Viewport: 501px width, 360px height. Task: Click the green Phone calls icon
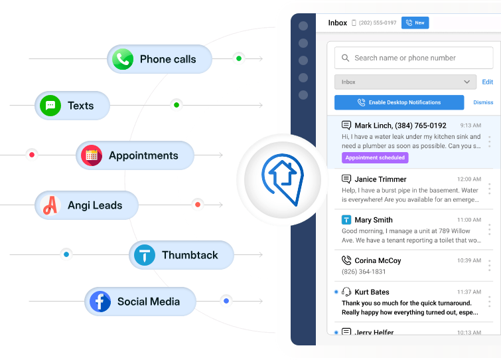click(123, 59)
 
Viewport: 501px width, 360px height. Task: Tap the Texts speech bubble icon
click(50, 106)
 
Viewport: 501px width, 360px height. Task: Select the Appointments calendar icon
click(92, 155)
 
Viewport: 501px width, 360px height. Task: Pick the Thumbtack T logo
click(145, 255)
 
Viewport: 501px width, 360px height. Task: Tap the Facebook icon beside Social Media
click(100, 302)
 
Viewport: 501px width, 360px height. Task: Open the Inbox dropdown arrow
click(466, 82)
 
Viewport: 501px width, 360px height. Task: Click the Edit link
click(488, 82)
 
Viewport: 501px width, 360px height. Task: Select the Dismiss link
click(483, 102)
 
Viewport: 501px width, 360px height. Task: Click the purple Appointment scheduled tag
click(375, 158)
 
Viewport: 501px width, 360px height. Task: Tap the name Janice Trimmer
click(380, 179)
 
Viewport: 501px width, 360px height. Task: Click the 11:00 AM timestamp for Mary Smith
click(468, 220)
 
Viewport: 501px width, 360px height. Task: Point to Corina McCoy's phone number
click(364, 272)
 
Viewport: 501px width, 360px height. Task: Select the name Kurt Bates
click(372, 292)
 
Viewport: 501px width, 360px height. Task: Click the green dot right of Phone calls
click(239, 58)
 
